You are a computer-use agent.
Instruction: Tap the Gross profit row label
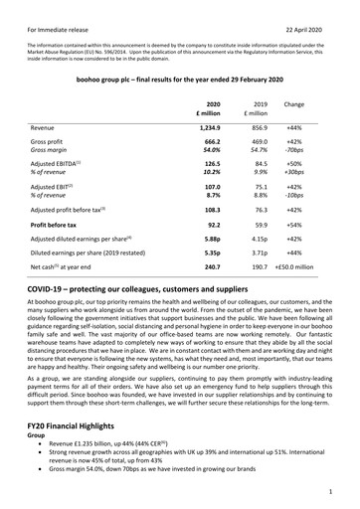click(50, 144)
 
